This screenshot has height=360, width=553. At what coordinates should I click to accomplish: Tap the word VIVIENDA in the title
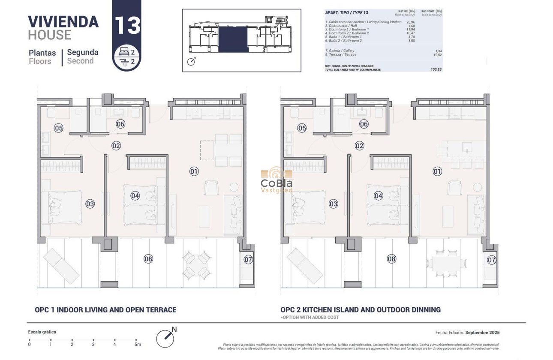coord(63,21)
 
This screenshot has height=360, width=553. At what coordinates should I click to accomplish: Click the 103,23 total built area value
coord(436,69)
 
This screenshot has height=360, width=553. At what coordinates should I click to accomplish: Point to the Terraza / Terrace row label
coord(341,55)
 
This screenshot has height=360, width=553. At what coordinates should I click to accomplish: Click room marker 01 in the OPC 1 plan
coord(194,171)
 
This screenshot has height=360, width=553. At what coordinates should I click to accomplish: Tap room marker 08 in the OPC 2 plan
coord(391,259)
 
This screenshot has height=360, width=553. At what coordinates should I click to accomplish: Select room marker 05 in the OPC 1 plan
coord(59,128)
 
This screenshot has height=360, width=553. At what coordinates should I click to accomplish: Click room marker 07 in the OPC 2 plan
coord(492,260)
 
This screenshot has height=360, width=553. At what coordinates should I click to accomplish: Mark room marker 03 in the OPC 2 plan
coord(334,204)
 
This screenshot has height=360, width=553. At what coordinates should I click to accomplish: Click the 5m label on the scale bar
coord(137,345)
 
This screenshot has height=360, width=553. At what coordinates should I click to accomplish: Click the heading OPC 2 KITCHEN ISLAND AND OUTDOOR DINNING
coord(360,310)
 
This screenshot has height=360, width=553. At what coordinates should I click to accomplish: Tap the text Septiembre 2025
coord(482,333)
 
